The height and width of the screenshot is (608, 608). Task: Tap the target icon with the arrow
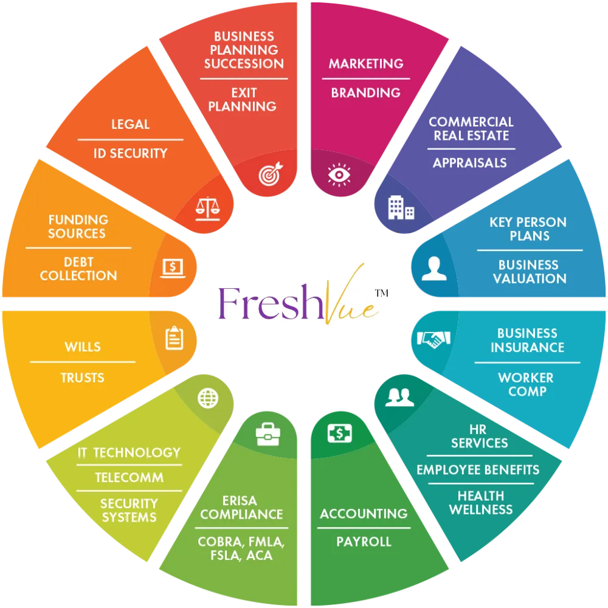269,174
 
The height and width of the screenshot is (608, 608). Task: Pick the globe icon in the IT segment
208,398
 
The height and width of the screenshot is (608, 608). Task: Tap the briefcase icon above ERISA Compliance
268,434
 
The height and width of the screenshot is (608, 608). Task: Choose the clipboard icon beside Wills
174,338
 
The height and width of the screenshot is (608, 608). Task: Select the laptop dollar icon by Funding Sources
173,267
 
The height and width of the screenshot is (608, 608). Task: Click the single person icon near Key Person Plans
434,268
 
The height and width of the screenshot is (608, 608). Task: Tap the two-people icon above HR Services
399,398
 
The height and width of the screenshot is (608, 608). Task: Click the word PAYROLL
364,542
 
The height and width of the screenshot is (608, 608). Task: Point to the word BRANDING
365,93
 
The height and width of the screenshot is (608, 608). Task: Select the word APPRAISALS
469,163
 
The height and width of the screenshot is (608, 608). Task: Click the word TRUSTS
83,378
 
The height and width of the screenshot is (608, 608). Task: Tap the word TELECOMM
129,478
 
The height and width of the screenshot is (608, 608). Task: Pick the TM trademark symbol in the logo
381,293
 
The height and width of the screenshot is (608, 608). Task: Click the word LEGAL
130,125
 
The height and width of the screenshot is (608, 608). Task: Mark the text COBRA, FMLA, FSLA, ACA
241,548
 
